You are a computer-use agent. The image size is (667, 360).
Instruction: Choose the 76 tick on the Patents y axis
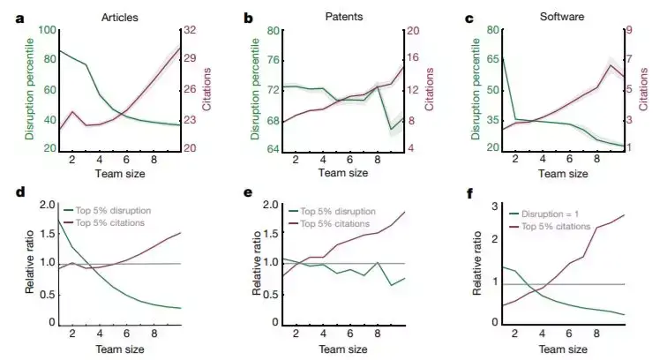274,61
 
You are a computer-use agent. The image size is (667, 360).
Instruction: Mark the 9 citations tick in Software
633,31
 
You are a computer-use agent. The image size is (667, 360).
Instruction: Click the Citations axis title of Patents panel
430,88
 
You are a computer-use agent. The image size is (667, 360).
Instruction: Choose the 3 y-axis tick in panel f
491,206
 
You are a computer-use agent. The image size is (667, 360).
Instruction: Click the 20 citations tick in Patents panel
411,31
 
